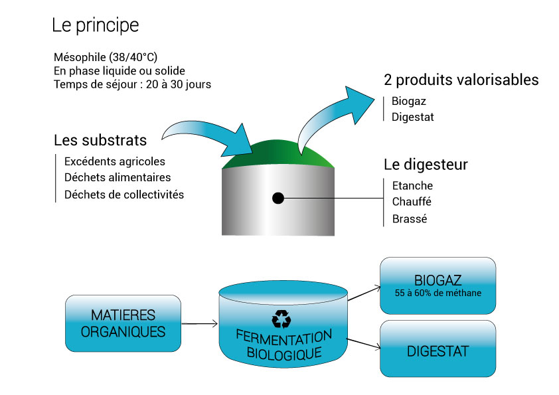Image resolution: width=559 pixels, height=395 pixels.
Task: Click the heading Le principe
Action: (96, 26)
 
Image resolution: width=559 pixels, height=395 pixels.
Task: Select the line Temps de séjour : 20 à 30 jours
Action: (132, 84)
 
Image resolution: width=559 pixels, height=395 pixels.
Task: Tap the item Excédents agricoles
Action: (115, 161)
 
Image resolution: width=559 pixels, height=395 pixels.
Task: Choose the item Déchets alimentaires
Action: (118, 178)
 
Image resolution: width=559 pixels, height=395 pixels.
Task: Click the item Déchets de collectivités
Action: (124, 195)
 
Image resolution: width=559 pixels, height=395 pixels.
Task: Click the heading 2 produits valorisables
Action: (461, 80)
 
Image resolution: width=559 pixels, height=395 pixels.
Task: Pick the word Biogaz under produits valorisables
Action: (409, 102)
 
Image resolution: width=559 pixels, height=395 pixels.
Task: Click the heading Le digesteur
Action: (426, 164)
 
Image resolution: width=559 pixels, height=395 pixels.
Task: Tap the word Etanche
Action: (412, 186)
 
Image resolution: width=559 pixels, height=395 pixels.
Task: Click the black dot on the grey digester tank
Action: (278, 198)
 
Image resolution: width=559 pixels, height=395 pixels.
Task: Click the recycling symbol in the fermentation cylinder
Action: (281, 319)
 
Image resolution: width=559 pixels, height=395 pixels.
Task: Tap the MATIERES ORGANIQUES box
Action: (123, 323)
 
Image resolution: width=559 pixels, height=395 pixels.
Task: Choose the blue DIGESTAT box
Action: (438, 351)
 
